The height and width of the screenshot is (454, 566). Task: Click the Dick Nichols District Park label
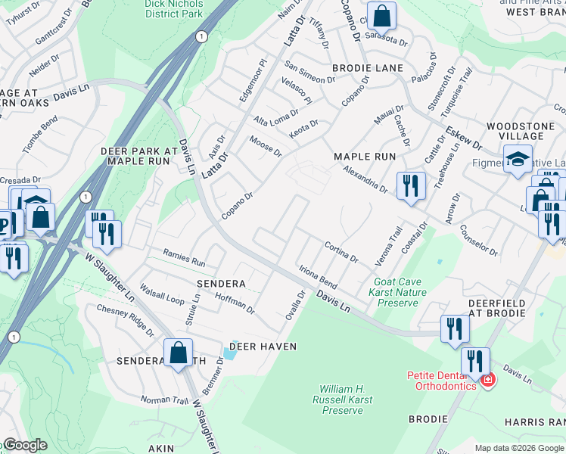click(x=174, y=8)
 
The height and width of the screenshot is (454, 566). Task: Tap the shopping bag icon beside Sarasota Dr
click(x=383, y=15)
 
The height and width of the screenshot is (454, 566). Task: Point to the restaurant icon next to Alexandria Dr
click(x=410, y=185)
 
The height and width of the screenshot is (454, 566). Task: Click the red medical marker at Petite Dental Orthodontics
click(x=487, y=380)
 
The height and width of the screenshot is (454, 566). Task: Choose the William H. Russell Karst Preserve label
click(x=343, y=399)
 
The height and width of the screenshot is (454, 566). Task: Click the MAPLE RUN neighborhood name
click(x=365, y=156)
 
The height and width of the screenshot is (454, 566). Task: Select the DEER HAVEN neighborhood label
click(x=263, y=346)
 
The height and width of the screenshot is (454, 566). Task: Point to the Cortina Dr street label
click(x=341, y=253)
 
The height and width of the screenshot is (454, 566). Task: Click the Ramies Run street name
click(x=185, y=258)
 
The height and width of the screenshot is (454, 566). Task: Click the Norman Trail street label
click(x=162, y=398)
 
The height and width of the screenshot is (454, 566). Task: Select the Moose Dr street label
click(x=266, y=147)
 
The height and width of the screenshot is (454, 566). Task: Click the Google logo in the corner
click(x=25, y=445)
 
